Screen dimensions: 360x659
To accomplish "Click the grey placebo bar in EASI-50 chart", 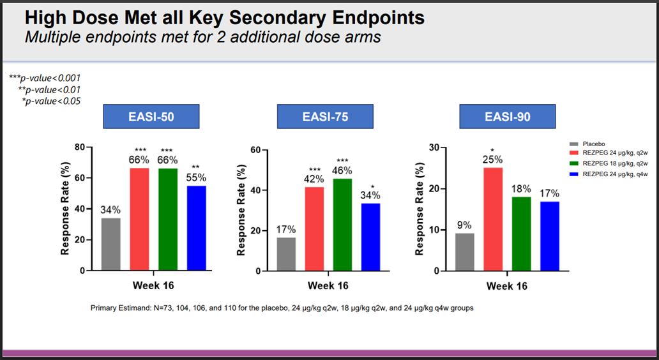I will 110,244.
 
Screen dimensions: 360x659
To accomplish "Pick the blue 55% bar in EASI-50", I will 196,228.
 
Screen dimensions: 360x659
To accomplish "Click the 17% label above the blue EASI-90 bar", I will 549,193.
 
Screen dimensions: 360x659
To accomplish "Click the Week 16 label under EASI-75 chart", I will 328,285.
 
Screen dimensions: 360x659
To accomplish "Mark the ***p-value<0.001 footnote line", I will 45,78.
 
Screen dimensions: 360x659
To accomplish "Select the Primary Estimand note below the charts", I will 282,308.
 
